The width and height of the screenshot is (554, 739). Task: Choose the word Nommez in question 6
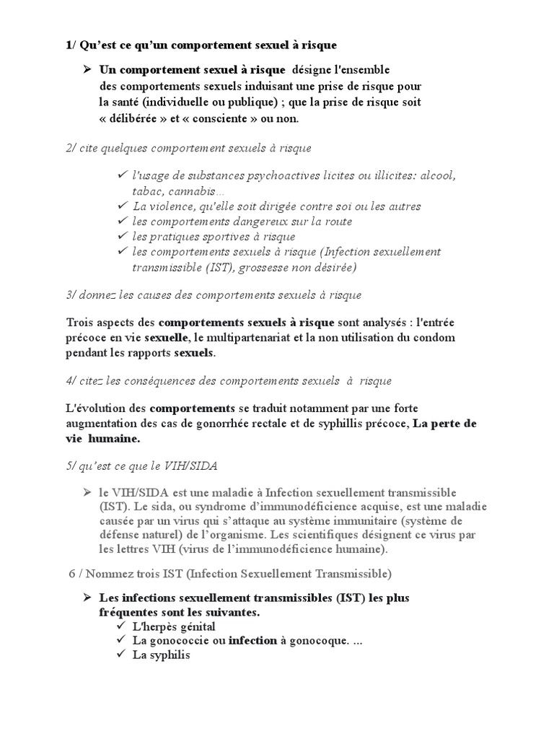[110, 574]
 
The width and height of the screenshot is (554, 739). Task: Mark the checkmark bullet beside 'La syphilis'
[120, 656]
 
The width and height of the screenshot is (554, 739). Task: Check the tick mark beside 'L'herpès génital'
[120, 626]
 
